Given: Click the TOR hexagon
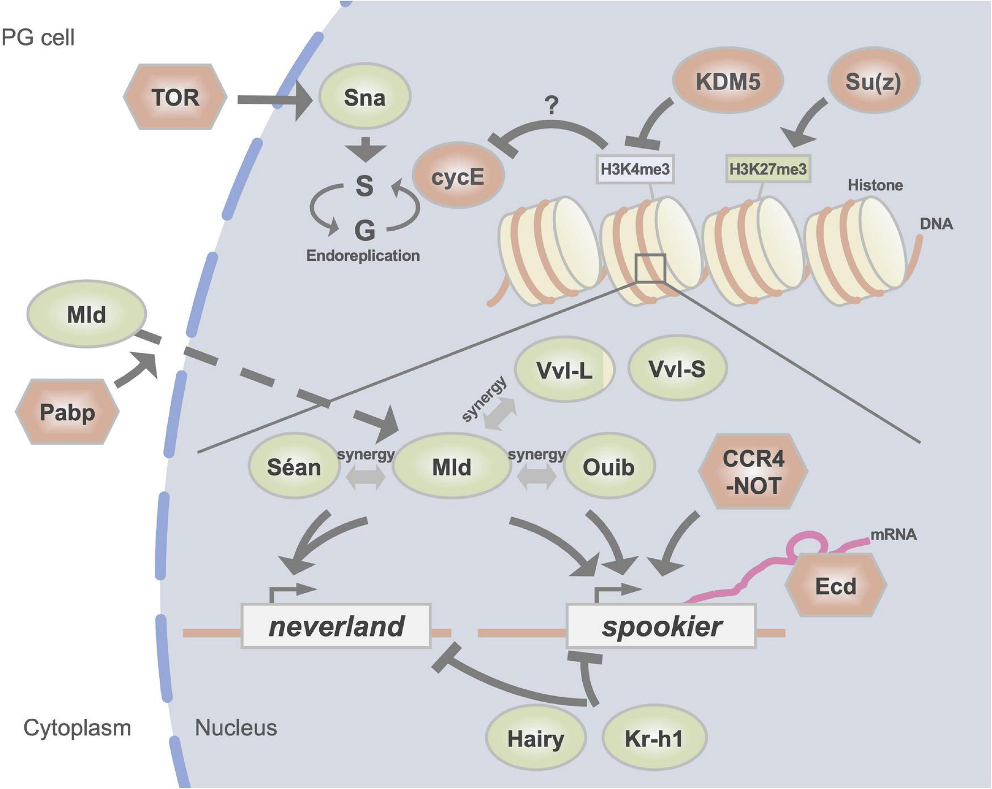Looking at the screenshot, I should (175, 97).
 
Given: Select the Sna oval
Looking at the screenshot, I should (364, 97).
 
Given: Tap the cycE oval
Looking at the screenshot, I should (458, 177).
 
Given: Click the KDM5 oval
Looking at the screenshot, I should (728, 82).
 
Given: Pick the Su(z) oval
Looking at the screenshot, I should (873, 82).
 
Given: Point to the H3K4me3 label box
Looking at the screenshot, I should (635, 169).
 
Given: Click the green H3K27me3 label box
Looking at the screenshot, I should (768, 169).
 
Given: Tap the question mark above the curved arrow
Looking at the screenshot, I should (551, 105).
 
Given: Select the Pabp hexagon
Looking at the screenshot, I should (67, 412).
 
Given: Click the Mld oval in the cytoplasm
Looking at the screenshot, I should (86, 314).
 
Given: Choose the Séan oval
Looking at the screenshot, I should (294, 467).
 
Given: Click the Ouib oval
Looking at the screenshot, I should (609, 467).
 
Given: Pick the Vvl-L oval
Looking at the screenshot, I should (564, 370).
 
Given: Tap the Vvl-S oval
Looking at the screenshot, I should (677, 370).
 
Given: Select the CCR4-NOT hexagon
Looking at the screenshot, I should (753, 472).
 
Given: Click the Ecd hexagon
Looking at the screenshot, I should (836, 586).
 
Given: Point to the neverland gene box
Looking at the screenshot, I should (336, 626).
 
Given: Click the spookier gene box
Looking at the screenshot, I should (662, 626).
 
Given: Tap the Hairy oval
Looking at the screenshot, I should (536, 739).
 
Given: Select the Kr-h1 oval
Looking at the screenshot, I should (654, 739).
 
